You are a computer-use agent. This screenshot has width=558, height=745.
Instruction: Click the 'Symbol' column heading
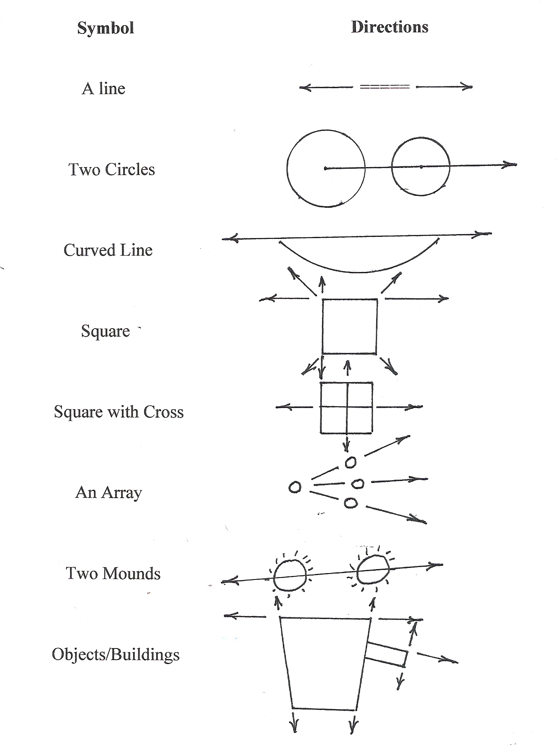[x=106, y=28]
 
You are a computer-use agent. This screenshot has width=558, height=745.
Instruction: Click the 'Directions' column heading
[x=389, y=27]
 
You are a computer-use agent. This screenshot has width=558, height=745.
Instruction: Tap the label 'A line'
[x=104, y=89]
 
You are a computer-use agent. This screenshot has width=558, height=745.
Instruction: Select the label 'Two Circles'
[x=112, y=169]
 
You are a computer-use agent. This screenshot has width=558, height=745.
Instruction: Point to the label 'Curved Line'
[x=108, y=250]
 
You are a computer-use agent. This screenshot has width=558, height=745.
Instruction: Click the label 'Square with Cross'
[x=119, y=412]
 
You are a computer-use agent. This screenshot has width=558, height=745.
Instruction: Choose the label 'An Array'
[x=108, y=493]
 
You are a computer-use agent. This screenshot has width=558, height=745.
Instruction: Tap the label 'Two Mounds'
[x=113, y=574]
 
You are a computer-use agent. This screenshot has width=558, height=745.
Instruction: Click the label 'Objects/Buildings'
[x=116, y=654]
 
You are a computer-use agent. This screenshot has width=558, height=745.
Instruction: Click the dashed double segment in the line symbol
[x=385, y=87]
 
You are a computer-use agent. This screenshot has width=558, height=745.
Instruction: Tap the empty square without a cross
[x=350, y=326]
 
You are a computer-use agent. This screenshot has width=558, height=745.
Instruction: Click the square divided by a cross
[x=346, y=408]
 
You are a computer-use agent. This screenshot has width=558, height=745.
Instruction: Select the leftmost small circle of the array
[x=295, y=487]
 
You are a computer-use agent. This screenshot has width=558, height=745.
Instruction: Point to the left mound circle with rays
[x=290, y=575]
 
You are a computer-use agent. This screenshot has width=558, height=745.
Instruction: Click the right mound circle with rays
[x=373, y=570]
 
